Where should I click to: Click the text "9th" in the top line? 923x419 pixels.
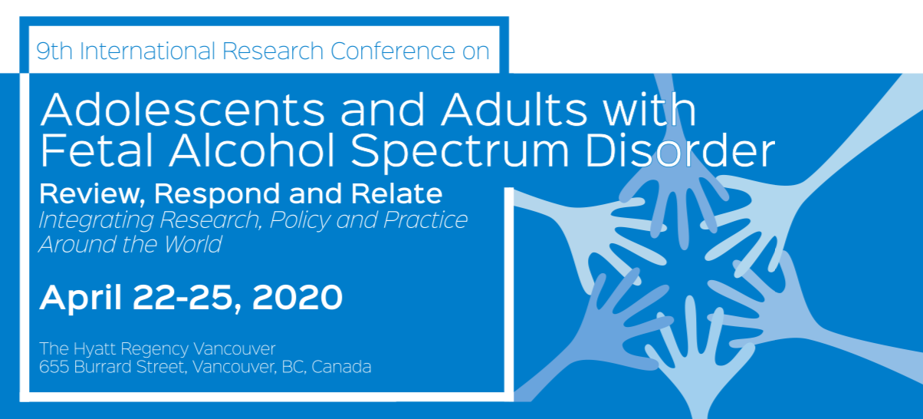[x=54, y=51]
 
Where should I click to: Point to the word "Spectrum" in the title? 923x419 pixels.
[x=460, y=153]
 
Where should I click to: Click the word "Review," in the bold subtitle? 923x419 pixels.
[x=90, y=194]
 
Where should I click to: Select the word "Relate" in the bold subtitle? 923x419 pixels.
[x=397, y=193]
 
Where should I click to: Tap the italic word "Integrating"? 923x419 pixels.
[x=96, y=221]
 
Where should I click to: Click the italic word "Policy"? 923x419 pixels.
[x=300, y=221]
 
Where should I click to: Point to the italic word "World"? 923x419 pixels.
[x=193, y=244]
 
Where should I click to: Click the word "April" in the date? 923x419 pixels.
[x=80, y=298]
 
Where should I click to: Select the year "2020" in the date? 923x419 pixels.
[x=297, y=297]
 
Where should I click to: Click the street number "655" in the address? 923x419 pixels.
[x=54, y=367]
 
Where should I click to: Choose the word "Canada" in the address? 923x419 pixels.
[x=341, y=367]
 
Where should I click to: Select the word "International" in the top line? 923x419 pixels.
[x=147, y=51]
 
